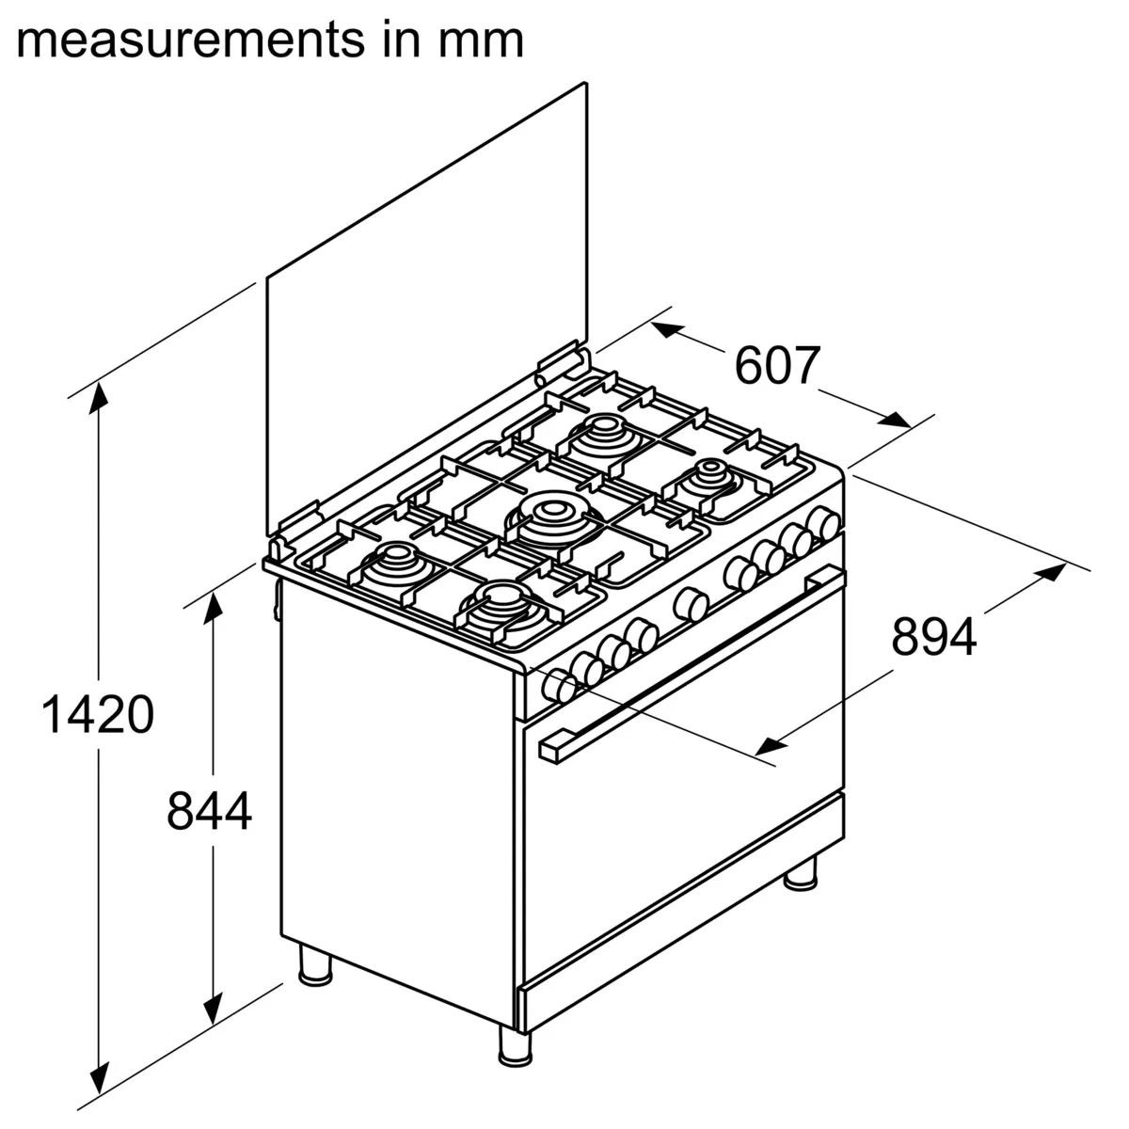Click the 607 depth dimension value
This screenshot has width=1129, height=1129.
777,366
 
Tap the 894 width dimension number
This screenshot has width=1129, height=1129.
934,636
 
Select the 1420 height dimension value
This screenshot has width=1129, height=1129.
97,715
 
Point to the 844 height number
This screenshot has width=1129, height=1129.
209,811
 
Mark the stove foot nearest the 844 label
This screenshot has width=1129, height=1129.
315,966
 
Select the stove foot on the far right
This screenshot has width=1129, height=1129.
802,873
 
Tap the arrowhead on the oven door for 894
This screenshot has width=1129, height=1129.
770,746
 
